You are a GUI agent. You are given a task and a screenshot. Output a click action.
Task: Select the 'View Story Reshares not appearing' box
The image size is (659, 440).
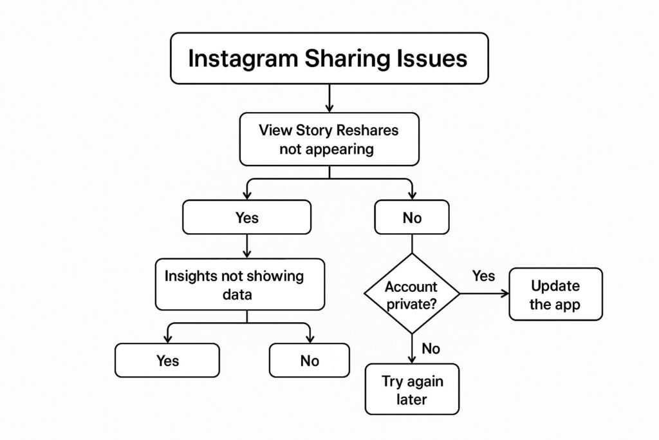329,139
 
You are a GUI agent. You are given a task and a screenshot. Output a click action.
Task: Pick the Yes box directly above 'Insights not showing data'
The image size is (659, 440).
246,218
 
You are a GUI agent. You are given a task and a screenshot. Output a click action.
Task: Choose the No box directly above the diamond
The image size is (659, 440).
412,218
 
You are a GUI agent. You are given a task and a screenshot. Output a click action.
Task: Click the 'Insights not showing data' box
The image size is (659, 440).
239,285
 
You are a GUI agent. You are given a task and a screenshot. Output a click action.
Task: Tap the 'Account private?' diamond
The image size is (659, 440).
412,294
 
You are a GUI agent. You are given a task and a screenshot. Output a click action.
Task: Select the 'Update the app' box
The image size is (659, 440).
555,294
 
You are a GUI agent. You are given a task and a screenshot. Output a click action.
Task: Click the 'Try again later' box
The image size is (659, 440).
412,389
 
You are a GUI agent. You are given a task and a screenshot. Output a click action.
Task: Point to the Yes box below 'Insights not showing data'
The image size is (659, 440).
167,360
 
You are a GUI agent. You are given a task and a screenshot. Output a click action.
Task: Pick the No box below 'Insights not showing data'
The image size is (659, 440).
310,360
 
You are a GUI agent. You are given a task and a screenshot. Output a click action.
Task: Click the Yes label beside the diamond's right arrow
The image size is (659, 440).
483,276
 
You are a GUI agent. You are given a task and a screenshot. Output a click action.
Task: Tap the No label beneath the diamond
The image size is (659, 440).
431,349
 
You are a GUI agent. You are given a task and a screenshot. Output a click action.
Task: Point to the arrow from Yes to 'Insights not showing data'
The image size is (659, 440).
247,246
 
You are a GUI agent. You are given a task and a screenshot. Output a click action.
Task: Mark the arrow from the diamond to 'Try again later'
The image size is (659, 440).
412,349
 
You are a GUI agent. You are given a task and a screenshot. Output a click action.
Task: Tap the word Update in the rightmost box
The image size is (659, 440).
555,285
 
